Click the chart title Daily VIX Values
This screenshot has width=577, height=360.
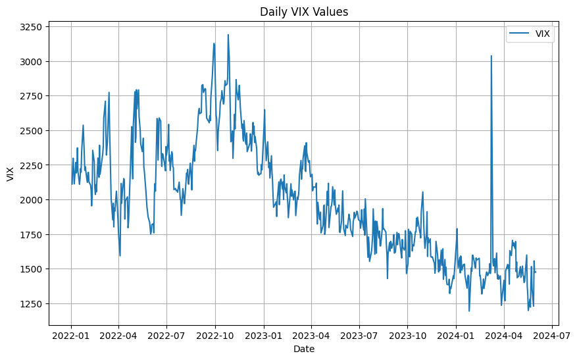(303, 12)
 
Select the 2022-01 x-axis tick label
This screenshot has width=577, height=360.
(71, 335)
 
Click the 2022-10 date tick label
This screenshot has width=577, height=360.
(215, 335)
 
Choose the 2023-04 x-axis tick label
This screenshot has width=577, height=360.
(311, 335)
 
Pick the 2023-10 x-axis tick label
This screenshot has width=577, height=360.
(407, 335)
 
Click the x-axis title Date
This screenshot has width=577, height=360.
(303, 349)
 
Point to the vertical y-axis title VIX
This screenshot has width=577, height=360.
(9, 174)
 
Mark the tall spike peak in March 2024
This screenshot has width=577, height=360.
(491, 56)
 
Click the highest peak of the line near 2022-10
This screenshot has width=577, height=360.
(228, 35)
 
